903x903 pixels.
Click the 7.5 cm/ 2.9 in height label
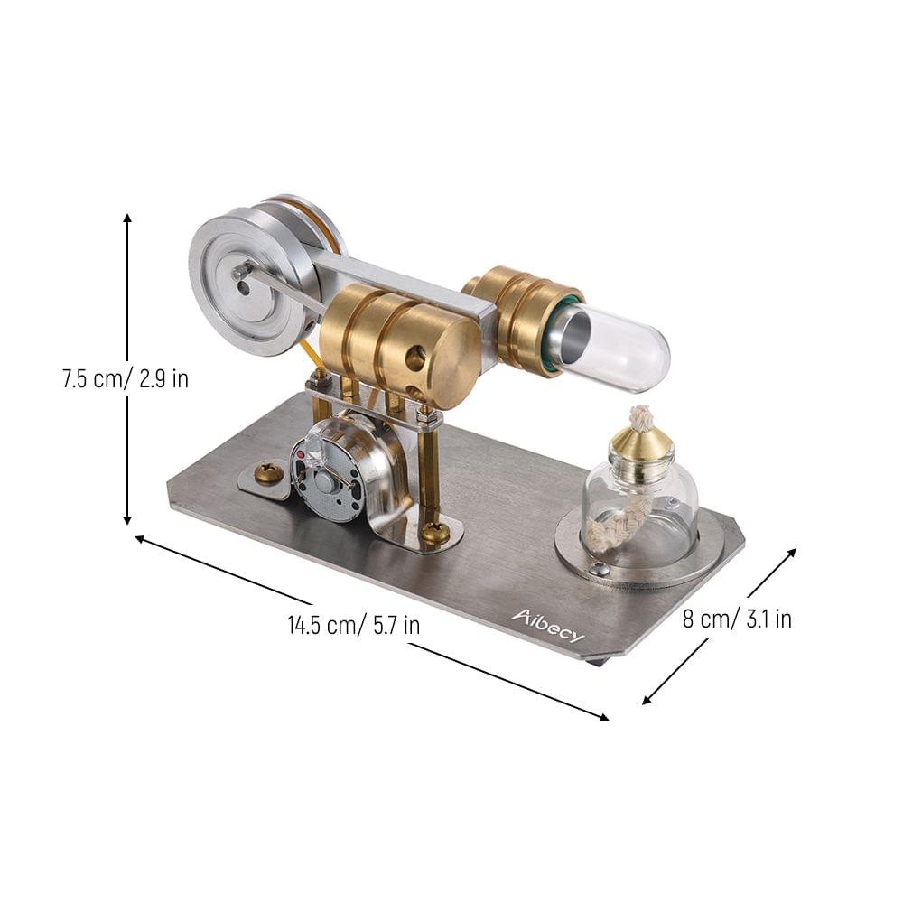(126, 378)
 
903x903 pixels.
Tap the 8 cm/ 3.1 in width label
(738, 619)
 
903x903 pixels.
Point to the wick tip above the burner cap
(640, 417)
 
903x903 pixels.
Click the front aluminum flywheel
(244, 280)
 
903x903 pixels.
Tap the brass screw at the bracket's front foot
(435, 533)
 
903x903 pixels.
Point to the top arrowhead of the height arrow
(127, 217)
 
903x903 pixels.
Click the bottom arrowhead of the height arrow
(127, 521)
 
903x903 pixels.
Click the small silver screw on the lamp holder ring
(597, 569)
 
